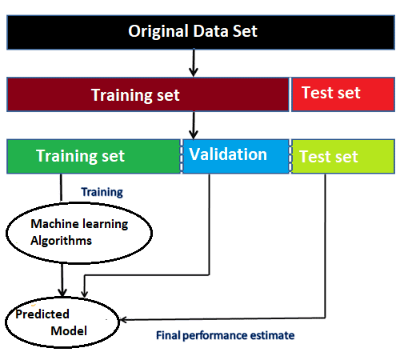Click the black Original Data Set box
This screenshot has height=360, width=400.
201,32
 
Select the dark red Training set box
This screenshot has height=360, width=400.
148,94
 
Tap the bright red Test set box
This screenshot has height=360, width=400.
343,94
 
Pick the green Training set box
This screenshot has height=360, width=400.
94,156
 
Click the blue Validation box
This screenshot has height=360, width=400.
236,156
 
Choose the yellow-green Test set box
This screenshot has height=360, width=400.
343,156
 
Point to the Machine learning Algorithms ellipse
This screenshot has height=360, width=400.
79,233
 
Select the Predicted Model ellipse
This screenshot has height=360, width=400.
62,322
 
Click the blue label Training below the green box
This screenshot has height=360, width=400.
102,192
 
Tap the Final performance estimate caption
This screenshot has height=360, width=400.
225,335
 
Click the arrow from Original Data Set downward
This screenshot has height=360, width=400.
194,63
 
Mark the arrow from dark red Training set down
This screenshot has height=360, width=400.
194,125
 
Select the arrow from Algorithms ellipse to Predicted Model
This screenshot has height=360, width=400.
62,280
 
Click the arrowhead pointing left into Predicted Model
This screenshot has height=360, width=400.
123,319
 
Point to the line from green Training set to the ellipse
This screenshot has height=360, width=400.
61,188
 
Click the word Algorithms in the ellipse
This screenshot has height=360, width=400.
61,241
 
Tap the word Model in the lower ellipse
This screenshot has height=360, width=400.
69,331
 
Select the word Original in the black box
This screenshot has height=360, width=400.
158,31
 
